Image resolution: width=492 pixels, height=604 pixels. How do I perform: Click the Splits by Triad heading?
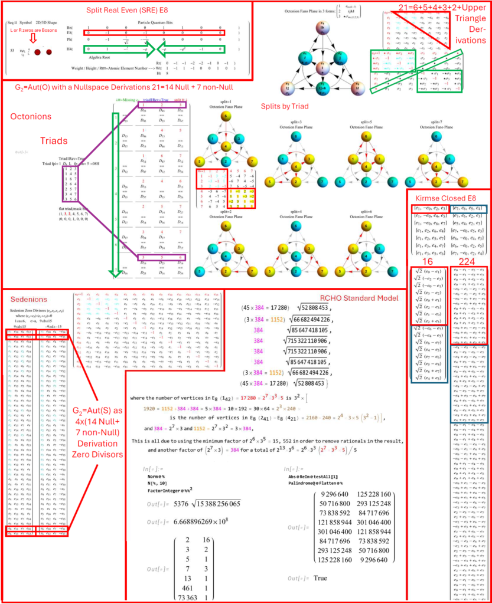pos(285,107)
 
